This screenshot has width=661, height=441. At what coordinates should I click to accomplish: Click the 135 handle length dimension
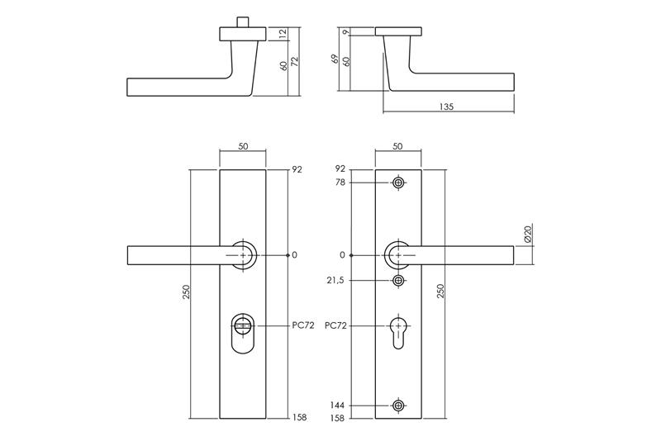[447, 107]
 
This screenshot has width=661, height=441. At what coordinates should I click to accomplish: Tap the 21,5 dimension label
[336, 281]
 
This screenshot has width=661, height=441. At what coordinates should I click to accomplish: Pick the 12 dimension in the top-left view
[283, 33]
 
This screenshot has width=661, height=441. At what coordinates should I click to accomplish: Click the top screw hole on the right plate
[399, 183]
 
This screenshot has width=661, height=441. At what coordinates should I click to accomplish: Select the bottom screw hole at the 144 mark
[399, 405]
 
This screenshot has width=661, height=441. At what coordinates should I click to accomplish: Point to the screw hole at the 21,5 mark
[399, 281]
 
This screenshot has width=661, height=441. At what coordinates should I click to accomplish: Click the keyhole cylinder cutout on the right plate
[399, 331]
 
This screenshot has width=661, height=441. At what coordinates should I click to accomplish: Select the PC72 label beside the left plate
[304, 326]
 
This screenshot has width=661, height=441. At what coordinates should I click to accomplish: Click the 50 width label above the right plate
[398, 146]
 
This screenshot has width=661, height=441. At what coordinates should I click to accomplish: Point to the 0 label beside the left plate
[294, 255]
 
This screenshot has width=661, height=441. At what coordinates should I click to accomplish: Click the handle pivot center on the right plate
[399, 255]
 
